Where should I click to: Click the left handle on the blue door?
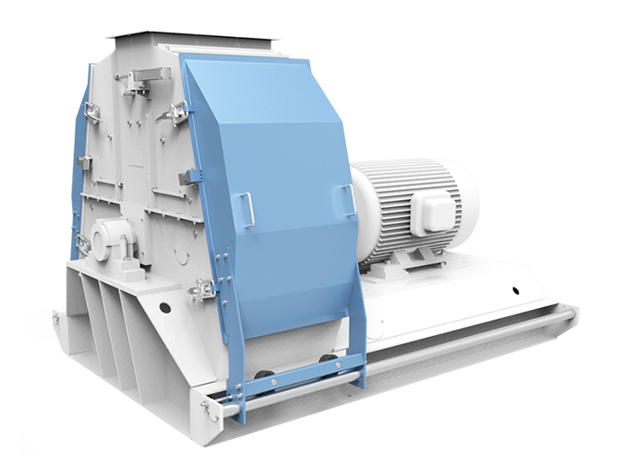244,210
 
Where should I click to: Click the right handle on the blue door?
349,199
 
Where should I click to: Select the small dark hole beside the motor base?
515,290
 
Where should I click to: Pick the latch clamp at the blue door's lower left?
205,289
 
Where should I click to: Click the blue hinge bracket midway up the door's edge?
192,177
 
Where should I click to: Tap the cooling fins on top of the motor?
406,171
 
